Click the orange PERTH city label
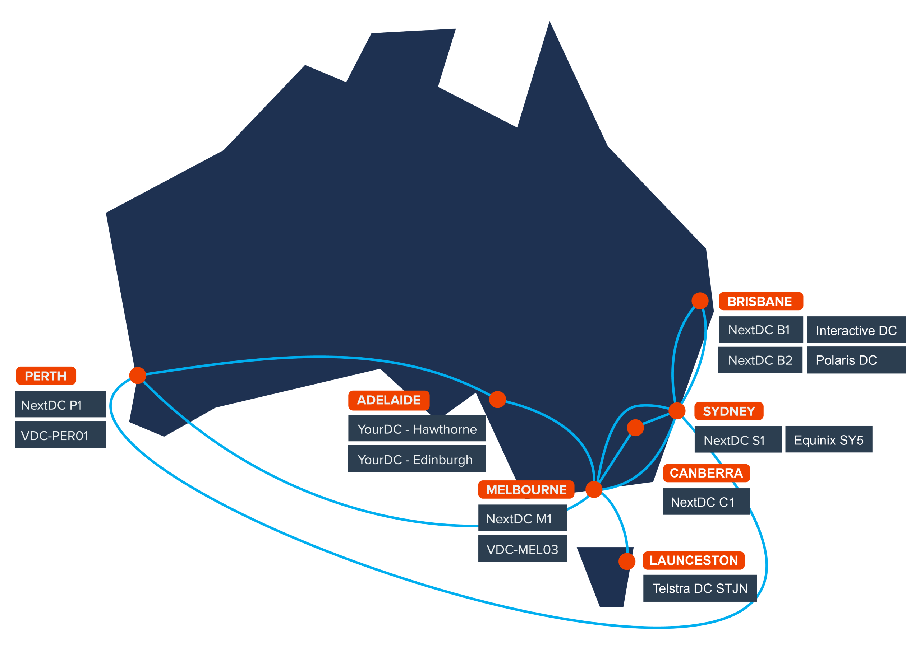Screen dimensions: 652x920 pyautogui.click(x=46, y=376)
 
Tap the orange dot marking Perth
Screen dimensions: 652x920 pyautogui.click(x=137, y=376)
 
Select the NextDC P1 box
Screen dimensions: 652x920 pyautogui.click(x=61, y=405)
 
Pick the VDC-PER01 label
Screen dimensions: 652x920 pyautogui.click(x=61, y=435)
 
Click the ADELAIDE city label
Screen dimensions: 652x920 pyautogui.click(x=388, y=400)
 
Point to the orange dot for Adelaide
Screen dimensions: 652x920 pyautogui.click(x=497, y=400)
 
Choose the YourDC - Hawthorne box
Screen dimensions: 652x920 pyautogui.click(x=417, y=429)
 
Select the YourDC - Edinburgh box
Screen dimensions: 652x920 pyautogui.click(x=417, y=459)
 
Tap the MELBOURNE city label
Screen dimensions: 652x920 pyautogui.click(x=526, y=490)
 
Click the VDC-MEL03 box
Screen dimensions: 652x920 pyautogui.click(x=523, y=549)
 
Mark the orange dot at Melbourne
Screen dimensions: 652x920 pyautogui.click(x=594, y=489)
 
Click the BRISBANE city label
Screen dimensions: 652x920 pyautogui.click(x=760, y=302)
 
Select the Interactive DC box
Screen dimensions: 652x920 pyautogui.click(x=856, y=330)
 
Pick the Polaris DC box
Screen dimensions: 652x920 pyautogui.click(x=856, y=360)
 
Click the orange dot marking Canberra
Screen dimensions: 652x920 pyautogui.click(x=635, y=428)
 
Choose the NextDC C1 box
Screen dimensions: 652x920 pyautogui.click(x=706, y=502)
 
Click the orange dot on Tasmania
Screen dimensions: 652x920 pyautogui.click(x=627, y=561)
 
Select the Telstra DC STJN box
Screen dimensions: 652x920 pyautogui.click(x=700, y=588)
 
